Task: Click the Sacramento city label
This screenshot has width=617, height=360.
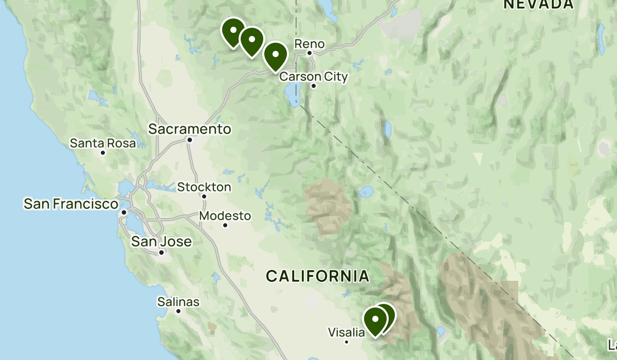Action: (x=190, y=129)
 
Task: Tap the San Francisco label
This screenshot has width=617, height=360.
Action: (x=71, y=204)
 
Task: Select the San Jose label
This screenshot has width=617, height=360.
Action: (x=161, y=241)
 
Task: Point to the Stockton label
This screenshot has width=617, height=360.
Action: (x=204, y=187)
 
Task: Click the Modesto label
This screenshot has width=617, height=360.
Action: (x=225, y=216)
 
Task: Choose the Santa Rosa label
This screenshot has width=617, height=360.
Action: (x=103, y=143)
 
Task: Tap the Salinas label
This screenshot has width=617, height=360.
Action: (x=178, y=302)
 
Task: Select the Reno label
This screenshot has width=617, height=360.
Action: (x=310, y=44)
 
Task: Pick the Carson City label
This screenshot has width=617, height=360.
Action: (x=314, y=77)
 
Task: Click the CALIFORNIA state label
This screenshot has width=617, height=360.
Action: (x=317, y=276)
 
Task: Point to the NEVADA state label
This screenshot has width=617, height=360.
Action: (x=538, y=5)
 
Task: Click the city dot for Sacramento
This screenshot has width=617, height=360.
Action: (x=190, y=139)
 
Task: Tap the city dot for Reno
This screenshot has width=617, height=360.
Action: (x=310, y=52)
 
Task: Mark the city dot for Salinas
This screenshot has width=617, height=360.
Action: (x=178, y=311)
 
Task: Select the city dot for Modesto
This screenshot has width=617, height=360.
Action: (x=225, y=225)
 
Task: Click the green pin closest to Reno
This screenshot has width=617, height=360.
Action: (x=275, y=55)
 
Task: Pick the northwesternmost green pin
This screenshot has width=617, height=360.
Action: (x=233, y=32)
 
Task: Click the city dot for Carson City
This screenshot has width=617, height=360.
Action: (x=314, y=86)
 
